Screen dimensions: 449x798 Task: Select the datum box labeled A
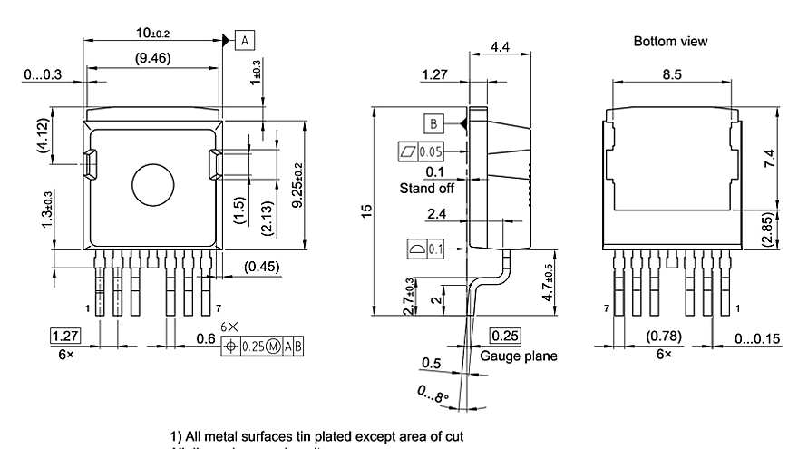(246, 39)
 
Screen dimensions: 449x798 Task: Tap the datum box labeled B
(434, 123)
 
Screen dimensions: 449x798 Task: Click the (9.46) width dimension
(154, 59)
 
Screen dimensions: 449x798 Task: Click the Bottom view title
(670, 42)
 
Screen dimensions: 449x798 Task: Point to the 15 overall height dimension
(366, 210)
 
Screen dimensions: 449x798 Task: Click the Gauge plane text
(519, 356)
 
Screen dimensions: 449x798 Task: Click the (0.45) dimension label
(262, 267)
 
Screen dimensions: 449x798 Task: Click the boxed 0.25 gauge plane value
(504, 337)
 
